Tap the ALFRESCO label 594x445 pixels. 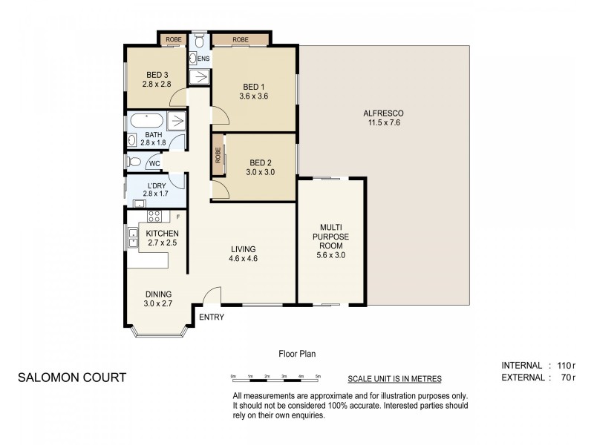(383, 113)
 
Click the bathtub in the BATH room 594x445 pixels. (146, 121)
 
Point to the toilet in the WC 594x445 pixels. (134, 162)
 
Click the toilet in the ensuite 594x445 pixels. (200, 40)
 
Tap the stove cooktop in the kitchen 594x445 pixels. (154, 216)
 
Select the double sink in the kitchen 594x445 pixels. (133, 237)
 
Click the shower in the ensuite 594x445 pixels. (200, 76)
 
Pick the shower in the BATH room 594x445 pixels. (176, 121)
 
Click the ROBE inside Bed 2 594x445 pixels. (218, 155)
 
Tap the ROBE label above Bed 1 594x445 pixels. (240, 39)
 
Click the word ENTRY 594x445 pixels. (212, 317)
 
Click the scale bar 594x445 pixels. (275, 379)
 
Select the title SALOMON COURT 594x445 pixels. (72, 378)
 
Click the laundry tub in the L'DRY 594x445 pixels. (140, 203)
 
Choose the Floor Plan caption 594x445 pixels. (297, 354)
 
